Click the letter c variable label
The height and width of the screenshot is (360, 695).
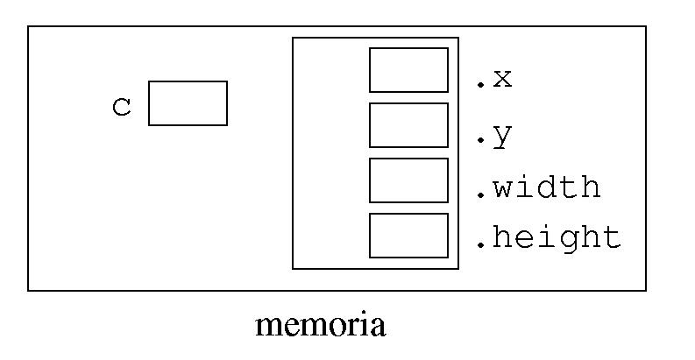pyautogui.click(x=122, y=108)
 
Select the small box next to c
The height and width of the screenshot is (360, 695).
pyautogui.click(x=188, y=103)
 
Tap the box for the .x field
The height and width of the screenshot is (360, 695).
pyautogui.click(x=408, y=70)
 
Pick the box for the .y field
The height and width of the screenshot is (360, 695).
pyautogui.click(x=408, y=125)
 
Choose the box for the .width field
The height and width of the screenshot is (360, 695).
pyautogui.click(x=408, y=180)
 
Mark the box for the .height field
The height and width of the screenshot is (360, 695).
pyautogui.click(x=408, y=236)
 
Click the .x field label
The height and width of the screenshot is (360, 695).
pyautogui.click(x=493, y=80)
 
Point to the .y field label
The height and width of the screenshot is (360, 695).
pyautogui.click(x=493, y=137)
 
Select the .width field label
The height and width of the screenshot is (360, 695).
pyautogui.click(x=538, y=187)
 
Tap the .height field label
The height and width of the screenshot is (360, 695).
pyautogui.click(x=548, y=237)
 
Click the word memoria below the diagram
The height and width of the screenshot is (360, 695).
pyautogui.click(x=320, y=326)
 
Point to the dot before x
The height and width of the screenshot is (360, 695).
pyautogui.click(x=480, y=85)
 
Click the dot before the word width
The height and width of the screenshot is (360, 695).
pyautogui.click(x=480, y=195)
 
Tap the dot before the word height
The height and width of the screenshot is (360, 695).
pyautogui.click(x=480, y=245)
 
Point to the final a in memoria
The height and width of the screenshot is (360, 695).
pyautogui.click(x=378, y=328)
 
